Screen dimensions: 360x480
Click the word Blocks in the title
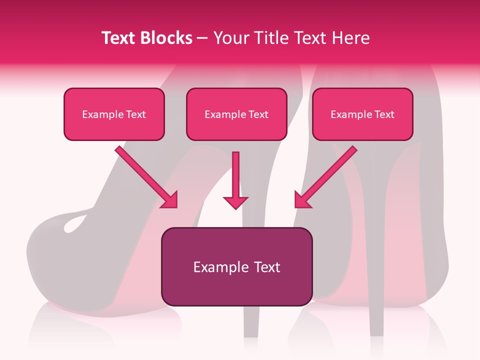(167, 38)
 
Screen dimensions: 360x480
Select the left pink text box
(114, 114)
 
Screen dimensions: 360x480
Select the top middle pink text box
(236, 114)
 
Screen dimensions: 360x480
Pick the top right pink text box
(362, 114)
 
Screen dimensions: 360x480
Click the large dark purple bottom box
(236, 266)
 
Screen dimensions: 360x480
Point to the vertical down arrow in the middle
(235, 175)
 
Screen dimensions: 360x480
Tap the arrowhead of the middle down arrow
(235, 202)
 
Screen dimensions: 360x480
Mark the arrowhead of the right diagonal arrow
(301, 200)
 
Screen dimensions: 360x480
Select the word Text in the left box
(136, 114)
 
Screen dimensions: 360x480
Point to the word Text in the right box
(384, 114)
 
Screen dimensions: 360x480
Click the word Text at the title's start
(119, 38)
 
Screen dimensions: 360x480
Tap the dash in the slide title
(202, 38)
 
